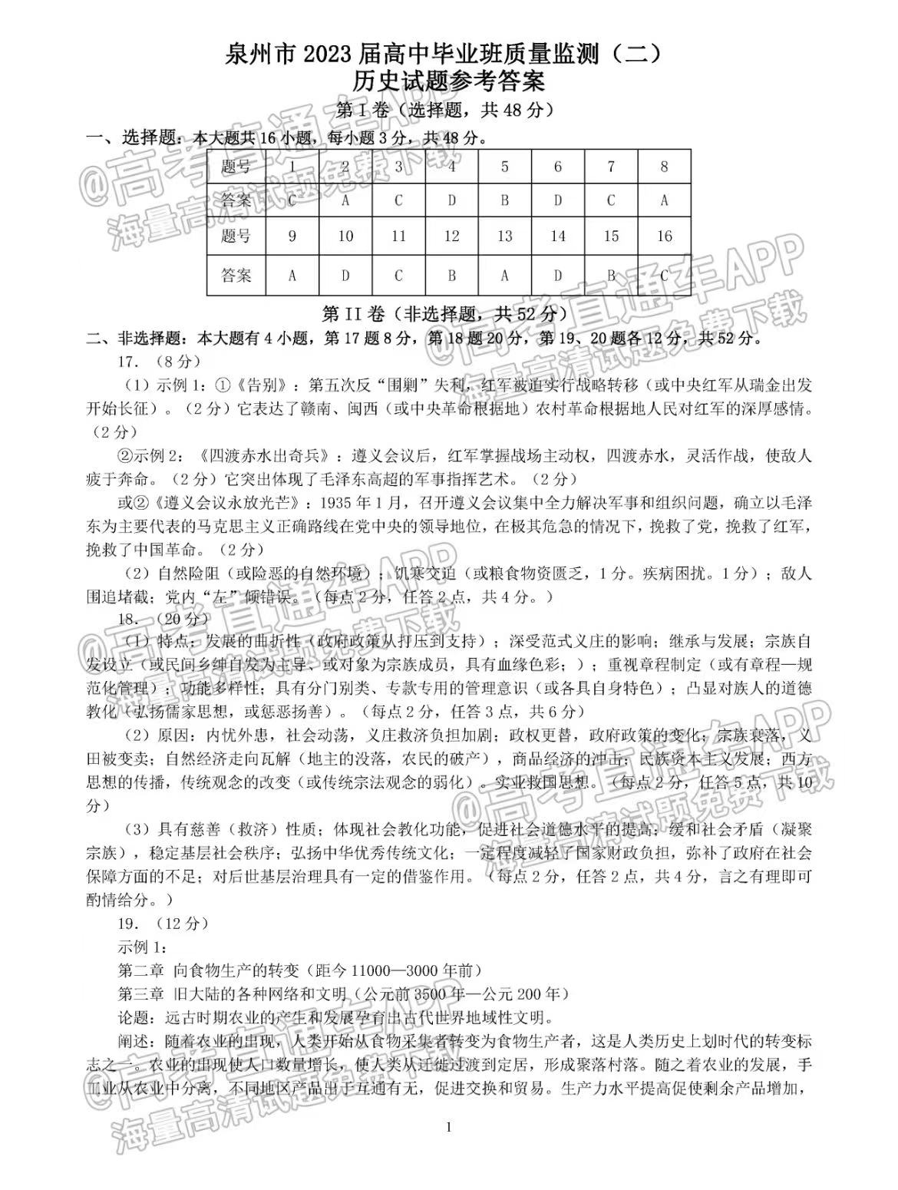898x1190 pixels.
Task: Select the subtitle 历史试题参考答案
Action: [448, 81]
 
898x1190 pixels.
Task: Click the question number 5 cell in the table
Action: [504, 167]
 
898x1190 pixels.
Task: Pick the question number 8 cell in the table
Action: [664, 167]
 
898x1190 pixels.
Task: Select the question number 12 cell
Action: [451, 236]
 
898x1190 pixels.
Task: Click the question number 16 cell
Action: [664, 236]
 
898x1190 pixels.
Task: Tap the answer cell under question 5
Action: [504, 201]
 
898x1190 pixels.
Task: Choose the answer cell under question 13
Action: [504, 275]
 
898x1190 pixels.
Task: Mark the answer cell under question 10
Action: [345, 275]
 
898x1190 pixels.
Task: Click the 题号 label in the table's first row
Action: [236, 167]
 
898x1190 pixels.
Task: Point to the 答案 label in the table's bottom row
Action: [236, 275]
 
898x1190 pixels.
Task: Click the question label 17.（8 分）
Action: [159, 361]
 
